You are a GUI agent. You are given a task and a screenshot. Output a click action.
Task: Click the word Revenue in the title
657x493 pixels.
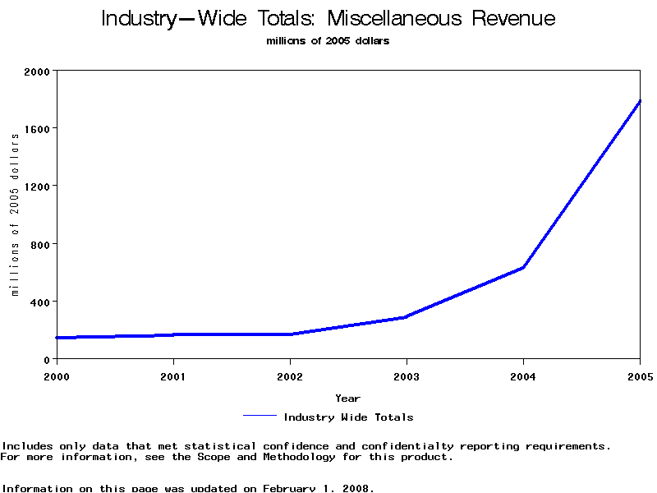(513, 19)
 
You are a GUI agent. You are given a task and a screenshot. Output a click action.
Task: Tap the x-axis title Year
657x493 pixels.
(348, 399)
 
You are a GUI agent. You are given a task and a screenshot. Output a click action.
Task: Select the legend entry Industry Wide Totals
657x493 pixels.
(348, 417)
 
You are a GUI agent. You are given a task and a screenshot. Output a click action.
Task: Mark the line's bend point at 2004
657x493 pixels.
(523, 267)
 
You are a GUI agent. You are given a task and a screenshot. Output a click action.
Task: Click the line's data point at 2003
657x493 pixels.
(407, 316)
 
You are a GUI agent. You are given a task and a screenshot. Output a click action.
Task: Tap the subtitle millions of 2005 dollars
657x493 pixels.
(328, 41)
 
